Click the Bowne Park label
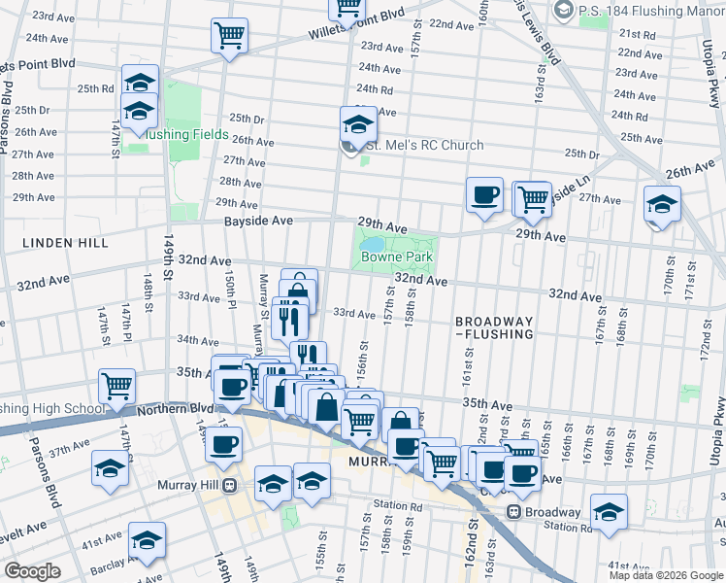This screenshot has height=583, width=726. pyautogui.click(x=396, y=257)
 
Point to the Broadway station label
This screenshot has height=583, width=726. pyautogui.click(x=554, y=512)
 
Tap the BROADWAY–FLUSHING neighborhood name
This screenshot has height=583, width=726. pyautogui.click(x=495, y=327)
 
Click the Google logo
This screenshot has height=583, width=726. pyautogui.click(x=33, y=571)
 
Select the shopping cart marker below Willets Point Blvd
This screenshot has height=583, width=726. pyautogui.click(x=229, y=37)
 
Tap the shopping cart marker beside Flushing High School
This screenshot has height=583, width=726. pyautogui.click(x=116, y=385)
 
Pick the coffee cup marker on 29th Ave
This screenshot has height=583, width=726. pyautogui.click(x=484, y=194)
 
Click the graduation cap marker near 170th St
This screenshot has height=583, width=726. pyautogui.click(x=662, y=205)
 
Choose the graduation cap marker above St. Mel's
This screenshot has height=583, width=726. pyautogui.click(x=357, y=123)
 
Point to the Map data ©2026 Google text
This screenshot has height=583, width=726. pyautogui.click(x=665, y=574)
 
